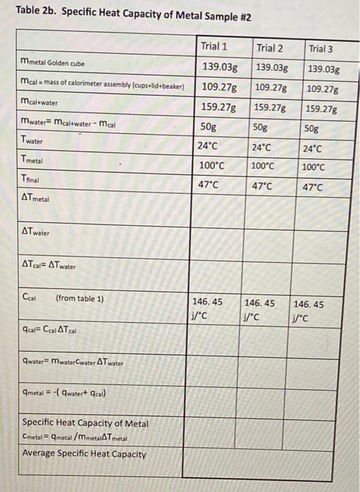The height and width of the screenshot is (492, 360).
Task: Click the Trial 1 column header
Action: pos(214,46)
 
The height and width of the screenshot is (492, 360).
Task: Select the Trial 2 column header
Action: pos(269,48)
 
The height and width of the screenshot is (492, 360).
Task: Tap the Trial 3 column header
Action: pos(322,49)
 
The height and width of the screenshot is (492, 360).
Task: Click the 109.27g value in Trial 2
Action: pos(271,88)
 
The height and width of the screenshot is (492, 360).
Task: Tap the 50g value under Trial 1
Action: pos(210,127)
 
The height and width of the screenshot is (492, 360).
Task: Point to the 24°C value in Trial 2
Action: pos(261,148)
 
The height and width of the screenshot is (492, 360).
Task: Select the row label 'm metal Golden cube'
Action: pos(53,67)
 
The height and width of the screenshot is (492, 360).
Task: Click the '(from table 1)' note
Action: pos(79,298)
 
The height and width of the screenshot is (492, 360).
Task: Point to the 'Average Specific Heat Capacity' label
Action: pos(84,454)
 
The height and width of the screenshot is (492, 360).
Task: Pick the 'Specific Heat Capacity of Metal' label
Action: pos(85,423)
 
